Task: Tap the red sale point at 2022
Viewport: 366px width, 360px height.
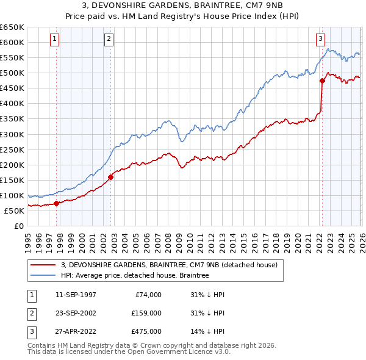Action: tap(322, 81)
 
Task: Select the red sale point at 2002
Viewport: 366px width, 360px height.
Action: tap(110, 178)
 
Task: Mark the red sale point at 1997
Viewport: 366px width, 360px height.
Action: tap(57, 203)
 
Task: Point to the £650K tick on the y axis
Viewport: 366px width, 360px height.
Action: tap(12, 27)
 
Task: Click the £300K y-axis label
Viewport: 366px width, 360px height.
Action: tap(12, 134)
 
